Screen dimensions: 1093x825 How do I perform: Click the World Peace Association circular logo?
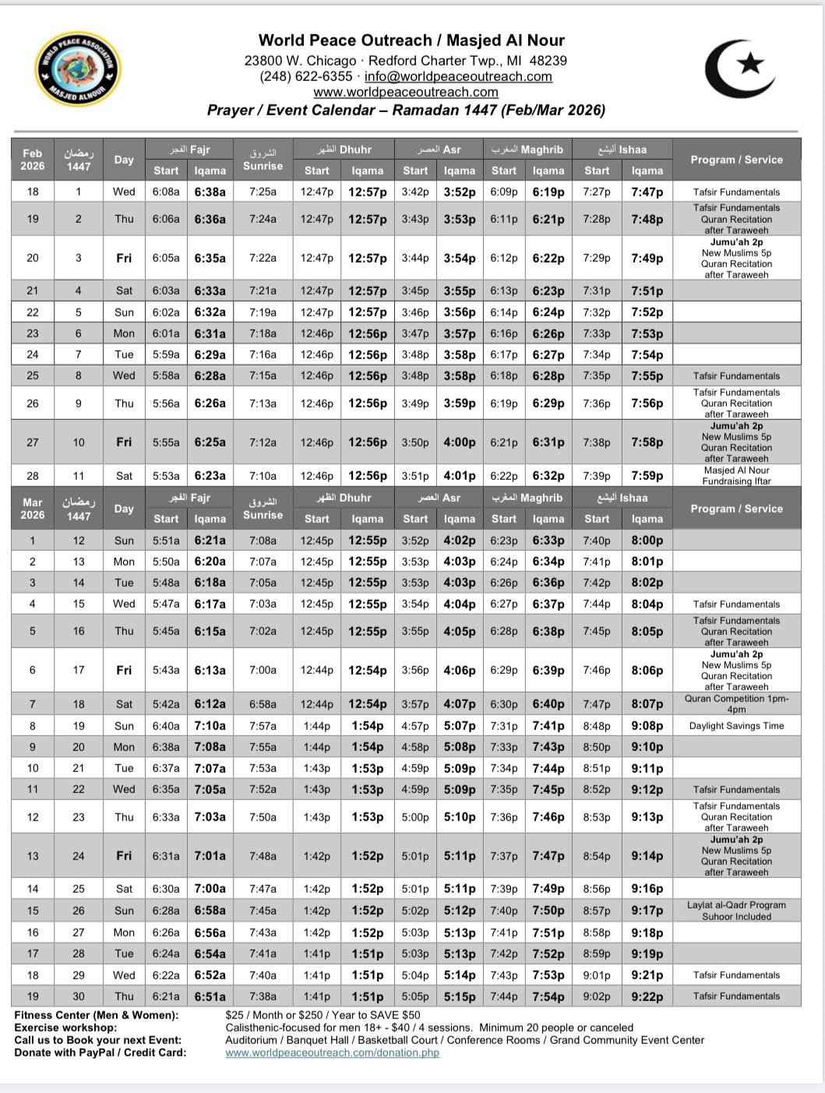(78, 69)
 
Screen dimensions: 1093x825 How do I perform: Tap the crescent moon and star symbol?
(739, 69)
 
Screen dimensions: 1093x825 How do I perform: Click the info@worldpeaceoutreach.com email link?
(458, 76)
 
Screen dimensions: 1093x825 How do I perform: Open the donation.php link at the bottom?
(332, 1052)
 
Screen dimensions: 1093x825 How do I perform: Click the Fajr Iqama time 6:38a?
(210, 192)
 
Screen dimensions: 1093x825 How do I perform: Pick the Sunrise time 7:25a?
(263, 192)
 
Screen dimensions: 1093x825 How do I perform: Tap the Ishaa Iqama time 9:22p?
(647, 996)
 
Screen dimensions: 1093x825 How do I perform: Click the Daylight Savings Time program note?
(736, 726)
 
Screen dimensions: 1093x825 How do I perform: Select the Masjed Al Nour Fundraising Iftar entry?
(736, 476)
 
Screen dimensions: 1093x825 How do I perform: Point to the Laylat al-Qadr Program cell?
(736, 911)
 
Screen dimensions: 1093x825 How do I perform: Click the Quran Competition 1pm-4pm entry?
(736, 704)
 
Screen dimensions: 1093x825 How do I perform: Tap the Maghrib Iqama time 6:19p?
(548, 192)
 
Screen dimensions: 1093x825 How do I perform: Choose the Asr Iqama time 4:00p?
(459, 442)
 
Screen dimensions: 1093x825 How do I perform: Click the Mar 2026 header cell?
(32, 509)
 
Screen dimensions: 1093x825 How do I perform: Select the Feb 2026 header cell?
(32, 160)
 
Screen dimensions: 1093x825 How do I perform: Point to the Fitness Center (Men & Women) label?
(96, 1015)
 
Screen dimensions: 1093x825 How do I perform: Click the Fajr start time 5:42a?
(166, 704)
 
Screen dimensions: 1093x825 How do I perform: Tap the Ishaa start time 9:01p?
(597, 975)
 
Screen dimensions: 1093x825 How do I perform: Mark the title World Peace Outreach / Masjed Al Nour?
(411, 41)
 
